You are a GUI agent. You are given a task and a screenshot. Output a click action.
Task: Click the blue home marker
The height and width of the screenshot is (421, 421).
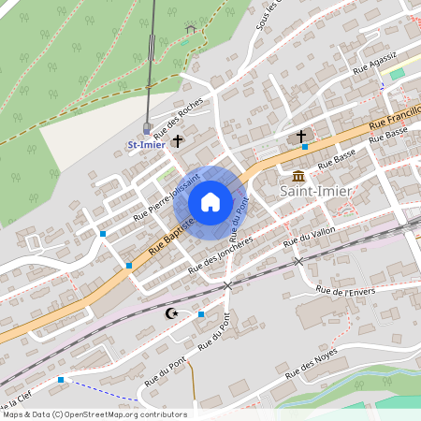coord(210,202)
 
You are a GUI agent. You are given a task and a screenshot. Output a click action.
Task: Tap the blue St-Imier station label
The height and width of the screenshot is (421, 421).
coord(146,144)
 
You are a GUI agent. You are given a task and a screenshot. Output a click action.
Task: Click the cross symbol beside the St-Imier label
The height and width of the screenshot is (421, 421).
coord(178,142)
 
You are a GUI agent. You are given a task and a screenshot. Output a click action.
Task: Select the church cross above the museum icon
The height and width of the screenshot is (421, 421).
coord(301,138)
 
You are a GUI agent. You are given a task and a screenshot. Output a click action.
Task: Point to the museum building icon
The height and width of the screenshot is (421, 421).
coord(298,177)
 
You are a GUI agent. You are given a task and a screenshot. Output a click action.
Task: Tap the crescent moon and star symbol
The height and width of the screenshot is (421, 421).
coord(170,313)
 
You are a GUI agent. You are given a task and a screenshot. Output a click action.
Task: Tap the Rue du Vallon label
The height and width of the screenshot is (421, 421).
coord(309,235)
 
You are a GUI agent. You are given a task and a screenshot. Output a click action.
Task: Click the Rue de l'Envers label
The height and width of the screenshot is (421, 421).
coord(345,291)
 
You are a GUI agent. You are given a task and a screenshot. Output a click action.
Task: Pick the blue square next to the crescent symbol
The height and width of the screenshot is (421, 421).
coord(201,314)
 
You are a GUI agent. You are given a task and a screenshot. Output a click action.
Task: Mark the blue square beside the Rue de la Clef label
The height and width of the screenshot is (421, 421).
coord(61,379)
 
